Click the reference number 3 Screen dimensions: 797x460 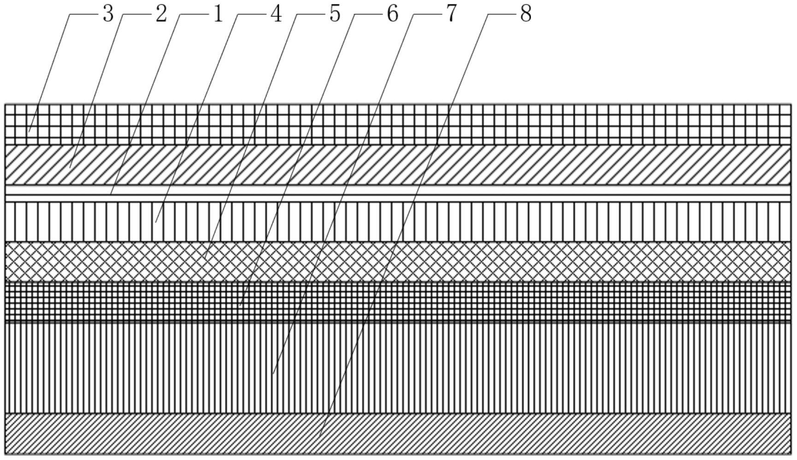[108, 14]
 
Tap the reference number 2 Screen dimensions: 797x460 [160, 14]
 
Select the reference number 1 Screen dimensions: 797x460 [218, 14]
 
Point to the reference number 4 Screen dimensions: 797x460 [276, 14]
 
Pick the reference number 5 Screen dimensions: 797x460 [335, 14]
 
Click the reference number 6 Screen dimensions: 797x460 [392, 14]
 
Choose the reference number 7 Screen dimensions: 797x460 [451, 14]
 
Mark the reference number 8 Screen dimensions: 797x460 [526, 14]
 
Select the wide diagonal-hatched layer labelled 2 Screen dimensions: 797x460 [461, 165]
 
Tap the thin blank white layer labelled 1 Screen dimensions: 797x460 [461, 190]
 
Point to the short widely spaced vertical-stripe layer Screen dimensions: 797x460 [461, 221]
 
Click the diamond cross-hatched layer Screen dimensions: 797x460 [461, 261]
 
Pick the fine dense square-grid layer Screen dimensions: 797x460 [461, 302]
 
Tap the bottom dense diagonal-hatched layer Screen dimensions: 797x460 [461, 434]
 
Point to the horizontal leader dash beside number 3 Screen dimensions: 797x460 [83, 14]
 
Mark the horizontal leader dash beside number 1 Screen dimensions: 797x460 [194, 14]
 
